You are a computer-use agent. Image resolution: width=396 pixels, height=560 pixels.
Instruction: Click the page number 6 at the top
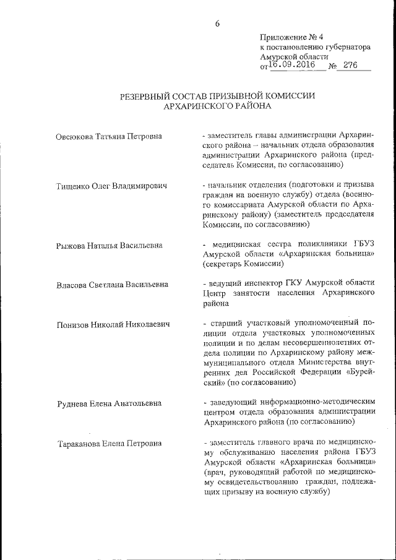click(218, 24)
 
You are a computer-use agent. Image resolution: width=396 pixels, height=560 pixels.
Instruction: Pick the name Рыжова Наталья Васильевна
click(109, 245)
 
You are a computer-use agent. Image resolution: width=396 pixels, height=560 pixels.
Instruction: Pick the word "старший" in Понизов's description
click(224, 324)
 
